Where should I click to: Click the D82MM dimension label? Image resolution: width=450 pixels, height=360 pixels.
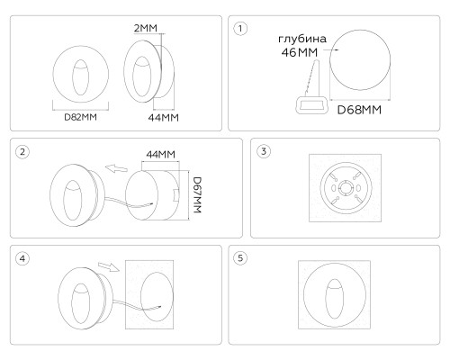point(81,117)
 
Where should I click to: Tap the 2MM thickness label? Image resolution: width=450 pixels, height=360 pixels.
point(146,28)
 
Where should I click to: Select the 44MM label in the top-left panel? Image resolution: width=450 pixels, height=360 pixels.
point(163,118)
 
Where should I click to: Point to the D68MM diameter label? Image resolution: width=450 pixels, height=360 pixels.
point(359,110)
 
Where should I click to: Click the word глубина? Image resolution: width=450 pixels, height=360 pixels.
point(302,39)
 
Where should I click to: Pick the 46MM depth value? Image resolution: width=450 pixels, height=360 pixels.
point(300,52)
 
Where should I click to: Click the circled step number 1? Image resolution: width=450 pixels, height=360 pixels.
point(240,29)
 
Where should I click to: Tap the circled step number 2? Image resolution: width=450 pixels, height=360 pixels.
point(22,151)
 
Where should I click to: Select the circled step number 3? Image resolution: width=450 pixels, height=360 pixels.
point(264,151)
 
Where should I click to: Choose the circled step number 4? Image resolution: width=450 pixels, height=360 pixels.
point(22,258)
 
